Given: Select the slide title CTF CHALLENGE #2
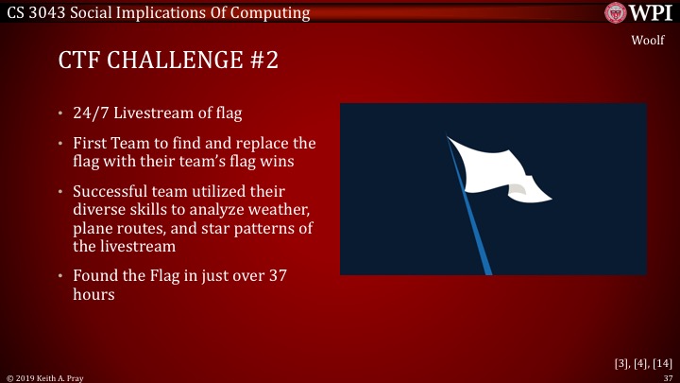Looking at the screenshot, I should (x=168, y=62).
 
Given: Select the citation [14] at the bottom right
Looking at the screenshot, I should (x=660, y=362).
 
